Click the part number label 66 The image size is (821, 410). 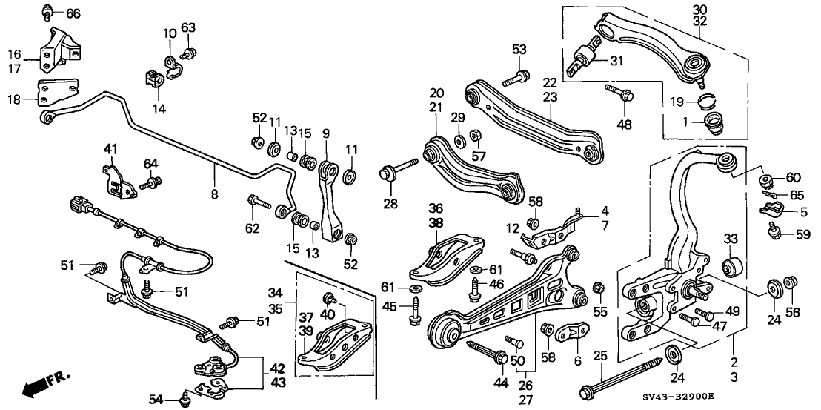click(73, 13)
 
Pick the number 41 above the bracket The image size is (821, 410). click(110, 151)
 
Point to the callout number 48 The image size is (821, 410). click(624, 125)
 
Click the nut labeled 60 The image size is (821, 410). click(767, 180)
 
